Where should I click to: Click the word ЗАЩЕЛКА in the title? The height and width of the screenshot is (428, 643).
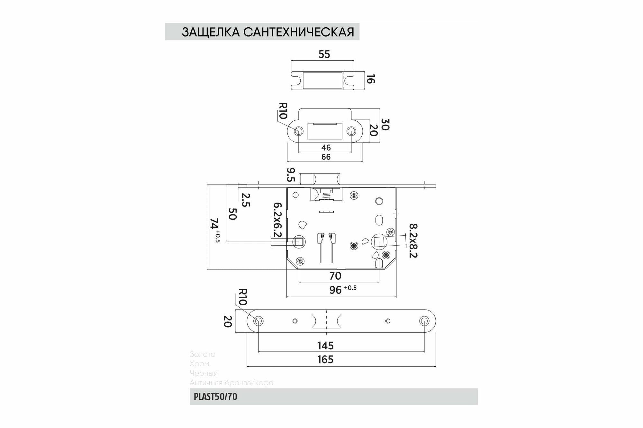pos(211,32)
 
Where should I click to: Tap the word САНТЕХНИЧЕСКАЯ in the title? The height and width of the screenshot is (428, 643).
pos(299,32)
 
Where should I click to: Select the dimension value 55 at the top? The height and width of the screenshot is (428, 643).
pos(324,55)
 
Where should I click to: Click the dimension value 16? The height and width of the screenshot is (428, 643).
pos(371,79)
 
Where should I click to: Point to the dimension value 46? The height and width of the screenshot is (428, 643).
pos(326,148)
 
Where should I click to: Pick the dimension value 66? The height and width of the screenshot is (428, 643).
pos(326,157)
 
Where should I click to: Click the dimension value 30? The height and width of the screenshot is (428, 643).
pos(385,124)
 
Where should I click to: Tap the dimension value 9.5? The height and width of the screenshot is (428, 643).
pos(291,175)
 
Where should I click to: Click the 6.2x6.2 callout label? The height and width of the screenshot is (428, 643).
pos(277,220)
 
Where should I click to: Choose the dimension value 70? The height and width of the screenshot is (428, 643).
pos(335,276)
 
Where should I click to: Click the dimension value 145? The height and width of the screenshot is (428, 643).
pos(325,346)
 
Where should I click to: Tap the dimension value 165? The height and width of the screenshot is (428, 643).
pos(325,360)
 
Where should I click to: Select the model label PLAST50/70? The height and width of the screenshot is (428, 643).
pos(215,397)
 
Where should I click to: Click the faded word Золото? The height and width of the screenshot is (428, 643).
pos(202,354)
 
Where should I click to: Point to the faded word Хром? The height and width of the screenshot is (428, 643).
pos(199,364)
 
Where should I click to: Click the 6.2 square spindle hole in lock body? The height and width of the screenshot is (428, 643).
pos(299,242)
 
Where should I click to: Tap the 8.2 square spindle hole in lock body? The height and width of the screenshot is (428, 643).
pos(378,241)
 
